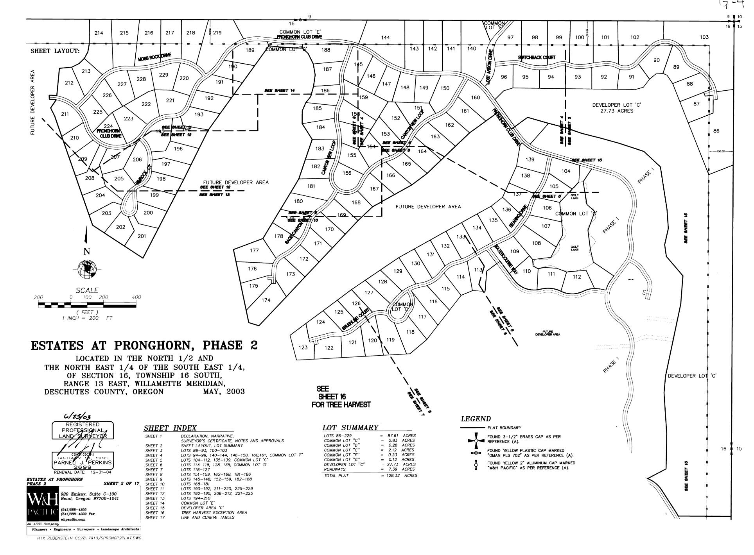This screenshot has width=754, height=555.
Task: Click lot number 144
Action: [385, 38]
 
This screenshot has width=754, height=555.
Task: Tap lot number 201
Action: [142, 236]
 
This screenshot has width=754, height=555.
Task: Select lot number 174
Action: [266, 300]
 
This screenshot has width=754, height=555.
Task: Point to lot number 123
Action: [303, 347]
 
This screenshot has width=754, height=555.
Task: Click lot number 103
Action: [704, 37]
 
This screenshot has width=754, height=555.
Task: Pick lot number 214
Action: [99, 33]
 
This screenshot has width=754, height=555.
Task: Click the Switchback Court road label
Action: [537, 57]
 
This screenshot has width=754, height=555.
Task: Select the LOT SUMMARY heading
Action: [350, 428]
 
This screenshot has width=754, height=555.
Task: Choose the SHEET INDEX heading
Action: [170, 428]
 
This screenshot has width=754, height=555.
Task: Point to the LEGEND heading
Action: [476, 419]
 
